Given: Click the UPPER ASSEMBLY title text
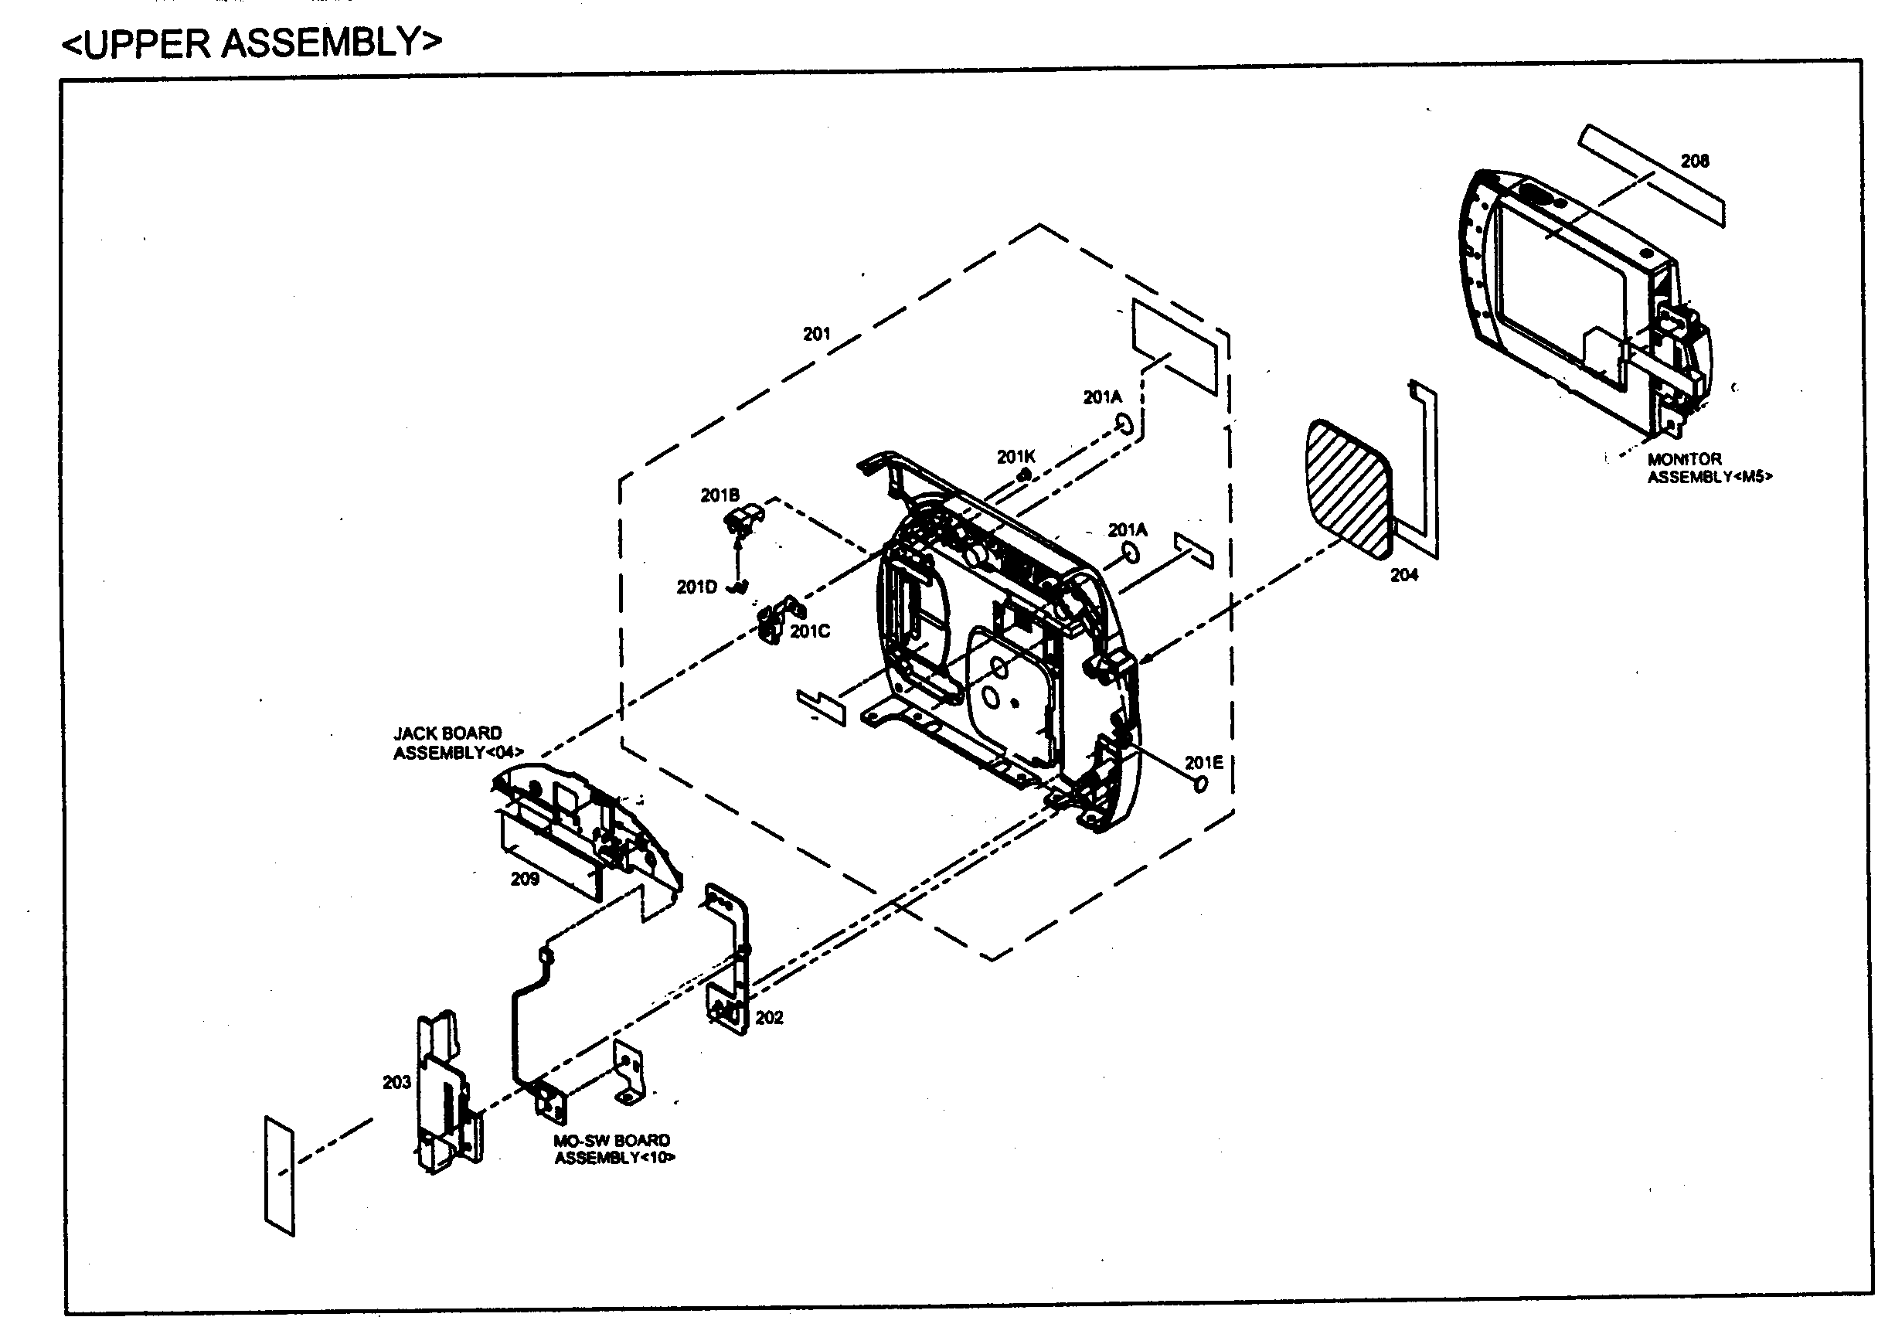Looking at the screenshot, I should tap(252, 43).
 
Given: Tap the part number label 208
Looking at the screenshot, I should tap(1695, 162).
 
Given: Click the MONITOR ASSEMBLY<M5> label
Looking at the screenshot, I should tap(1709, 468).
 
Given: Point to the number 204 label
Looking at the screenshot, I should tap(1404, 575).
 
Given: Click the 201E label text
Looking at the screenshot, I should tap(1203, 764).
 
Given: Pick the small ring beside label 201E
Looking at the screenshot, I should tap(1201, 784).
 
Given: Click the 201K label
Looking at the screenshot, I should tap(1016, 457).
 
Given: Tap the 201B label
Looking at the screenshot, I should tap(720, 495).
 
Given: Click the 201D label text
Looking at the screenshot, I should tap(696, 587).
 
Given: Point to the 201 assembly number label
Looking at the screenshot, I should tap(816, 334).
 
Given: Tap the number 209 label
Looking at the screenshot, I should tap(525, 879).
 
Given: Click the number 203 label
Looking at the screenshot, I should tap(396, 1082).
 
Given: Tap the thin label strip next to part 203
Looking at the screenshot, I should tap(279, 1176).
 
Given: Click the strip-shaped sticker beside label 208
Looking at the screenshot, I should tap(1650, 175).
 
